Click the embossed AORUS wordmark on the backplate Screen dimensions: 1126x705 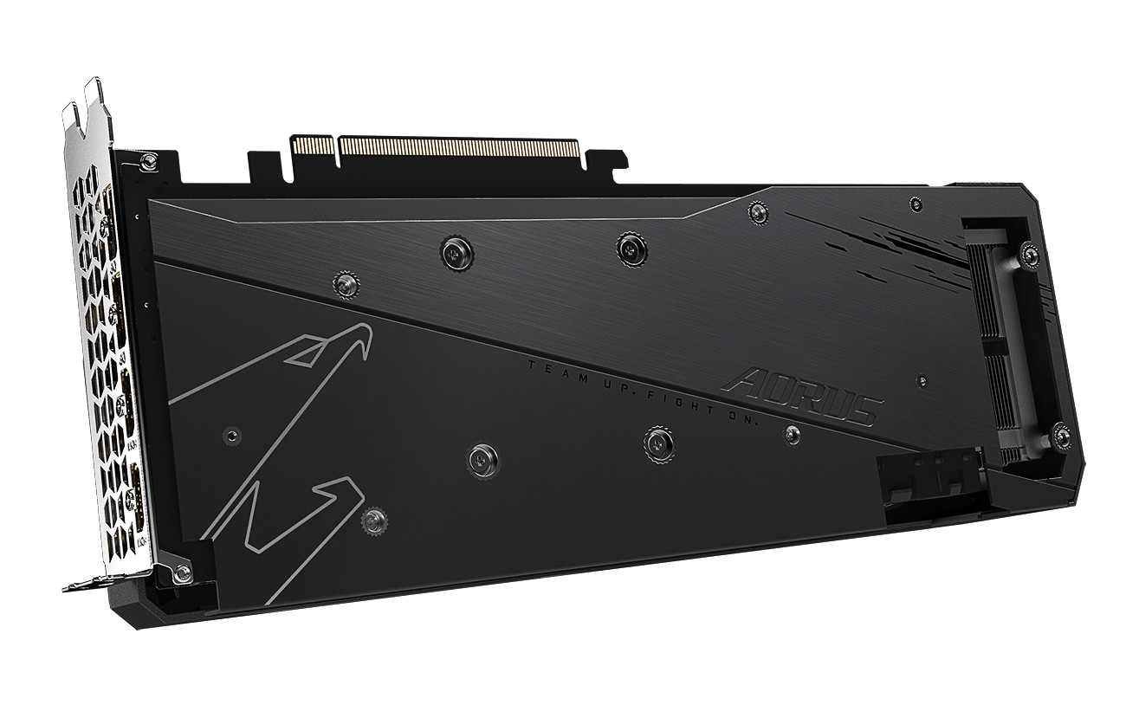(x=802, y=397)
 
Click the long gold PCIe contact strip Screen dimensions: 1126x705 (x=459, y=146)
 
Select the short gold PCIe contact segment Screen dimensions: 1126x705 (x=313, y=145)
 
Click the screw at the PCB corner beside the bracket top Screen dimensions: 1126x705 (x=149, y=161)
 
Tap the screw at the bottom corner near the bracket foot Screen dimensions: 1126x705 (x=182, y=572)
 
